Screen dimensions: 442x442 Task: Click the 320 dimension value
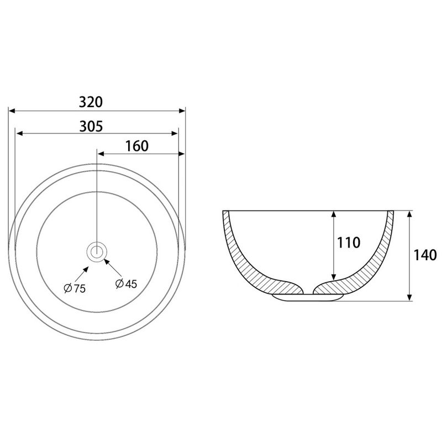(91, 102)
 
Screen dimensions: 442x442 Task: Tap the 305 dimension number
(91, 127)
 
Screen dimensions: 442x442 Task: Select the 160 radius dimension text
(136, 146)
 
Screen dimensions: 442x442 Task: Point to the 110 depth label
(349, 243)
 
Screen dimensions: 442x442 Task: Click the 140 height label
(425, 255)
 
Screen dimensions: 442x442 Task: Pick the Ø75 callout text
(75, 288)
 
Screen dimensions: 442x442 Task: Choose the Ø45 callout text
(127, 283)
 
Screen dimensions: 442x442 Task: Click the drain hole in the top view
(97, 251)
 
